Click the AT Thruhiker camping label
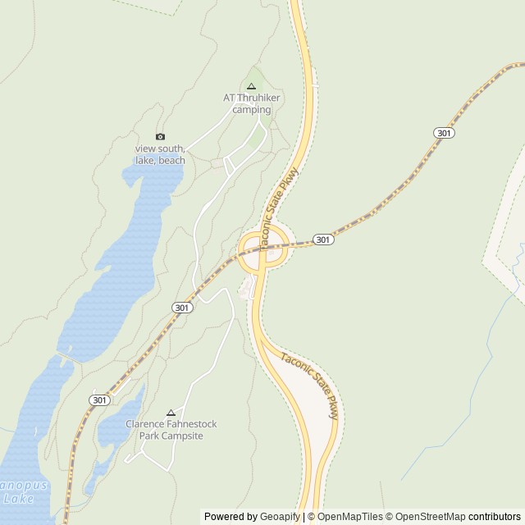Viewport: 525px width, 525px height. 252,103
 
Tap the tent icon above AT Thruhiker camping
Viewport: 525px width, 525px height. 251,86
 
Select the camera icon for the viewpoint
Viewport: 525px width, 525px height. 160,136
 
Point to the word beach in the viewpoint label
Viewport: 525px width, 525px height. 171,161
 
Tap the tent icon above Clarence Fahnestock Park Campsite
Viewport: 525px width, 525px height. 171,413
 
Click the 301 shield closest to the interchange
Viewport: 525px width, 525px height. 323,240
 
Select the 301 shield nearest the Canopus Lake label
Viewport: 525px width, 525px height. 99,399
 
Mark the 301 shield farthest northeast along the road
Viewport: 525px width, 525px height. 444,133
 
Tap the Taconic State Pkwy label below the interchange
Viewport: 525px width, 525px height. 310,386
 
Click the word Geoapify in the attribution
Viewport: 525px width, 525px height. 280,517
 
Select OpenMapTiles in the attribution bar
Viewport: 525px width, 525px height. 349,517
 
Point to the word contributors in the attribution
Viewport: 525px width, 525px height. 495,517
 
